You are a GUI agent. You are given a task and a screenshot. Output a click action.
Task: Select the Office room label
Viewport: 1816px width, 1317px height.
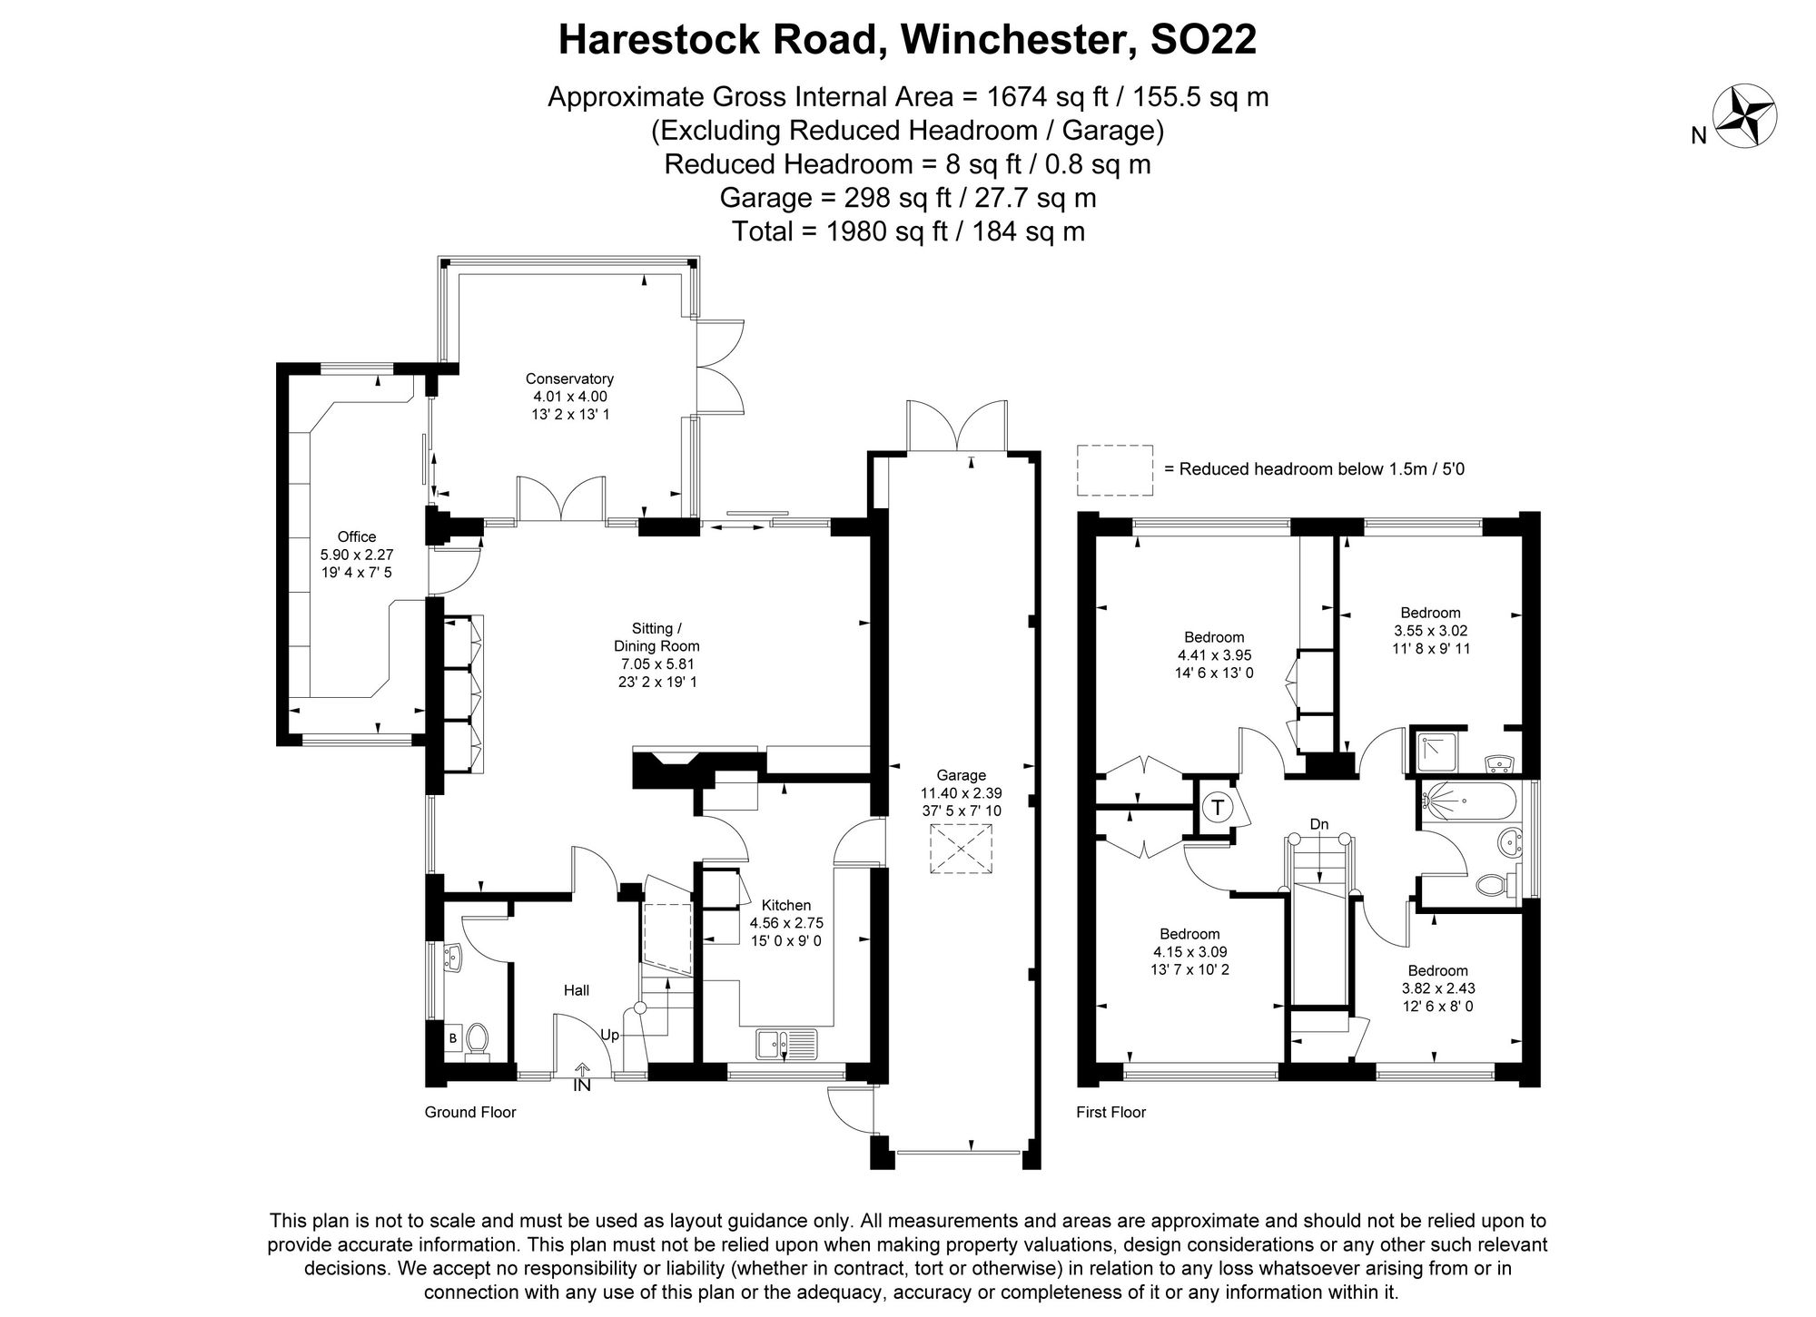[x=356, y=536]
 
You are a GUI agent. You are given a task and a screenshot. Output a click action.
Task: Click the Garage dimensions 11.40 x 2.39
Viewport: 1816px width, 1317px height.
[x=962, y=793]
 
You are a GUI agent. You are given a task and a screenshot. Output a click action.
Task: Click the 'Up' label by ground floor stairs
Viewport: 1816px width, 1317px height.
[x=610, y=1035]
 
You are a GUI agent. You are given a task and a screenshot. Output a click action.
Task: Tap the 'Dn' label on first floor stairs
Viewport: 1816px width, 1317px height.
[x=1318, y=824]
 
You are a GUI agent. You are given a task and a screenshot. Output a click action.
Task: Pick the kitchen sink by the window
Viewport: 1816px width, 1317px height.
[x=786, y=1043]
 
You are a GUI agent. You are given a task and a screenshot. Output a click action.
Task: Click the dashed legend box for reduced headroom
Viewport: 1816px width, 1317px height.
[x=1114, y=470]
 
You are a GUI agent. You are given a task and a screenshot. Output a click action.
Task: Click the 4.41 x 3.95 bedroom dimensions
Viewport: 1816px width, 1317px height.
[x=1214, y=655]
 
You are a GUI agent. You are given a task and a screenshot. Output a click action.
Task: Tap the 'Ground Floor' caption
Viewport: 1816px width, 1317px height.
[x=469, y=1112]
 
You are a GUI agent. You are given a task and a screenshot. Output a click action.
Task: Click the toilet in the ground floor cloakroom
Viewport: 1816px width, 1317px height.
[x=477, y=1041]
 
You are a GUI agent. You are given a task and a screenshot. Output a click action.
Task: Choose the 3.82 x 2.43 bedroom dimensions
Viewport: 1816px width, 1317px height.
[x=1437, y=988]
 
